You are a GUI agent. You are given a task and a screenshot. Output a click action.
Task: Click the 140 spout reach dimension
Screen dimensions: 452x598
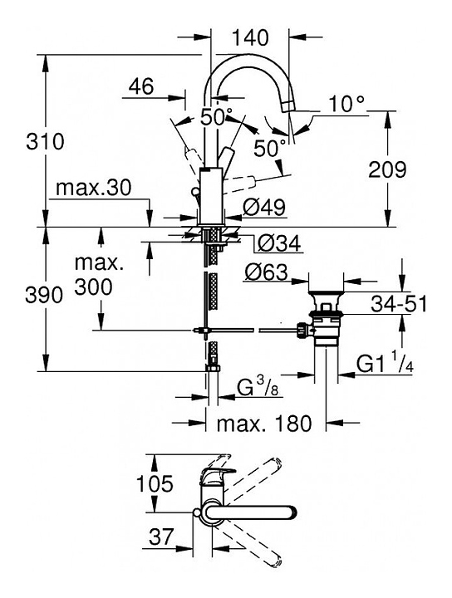coord(250,37)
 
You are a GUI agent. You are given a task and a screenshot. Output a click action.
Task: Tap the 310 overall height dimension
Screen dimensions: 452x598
coord(45,141)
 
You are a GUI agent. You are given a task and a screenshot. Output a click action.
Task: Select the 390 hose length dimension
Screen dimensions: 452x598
coord(44,295)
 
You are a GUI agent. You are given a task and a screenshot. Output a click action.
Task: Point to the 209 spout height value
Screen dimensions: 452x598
coord(387,169)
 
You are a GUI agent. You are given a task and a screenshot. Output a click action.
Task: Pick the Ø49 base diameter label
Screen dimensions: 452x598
coord(264,208)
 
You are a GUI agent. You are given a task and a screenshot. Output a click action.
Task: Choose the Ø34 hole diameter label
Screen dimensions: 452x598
coord(279,243)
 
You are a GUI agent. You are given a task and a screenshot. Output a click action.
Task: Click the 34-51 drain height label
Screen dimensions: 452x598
coord(399,304)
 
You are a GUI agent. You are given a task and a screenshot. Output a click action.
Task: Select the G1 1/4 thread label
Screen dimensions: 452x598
coord(386,365)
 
